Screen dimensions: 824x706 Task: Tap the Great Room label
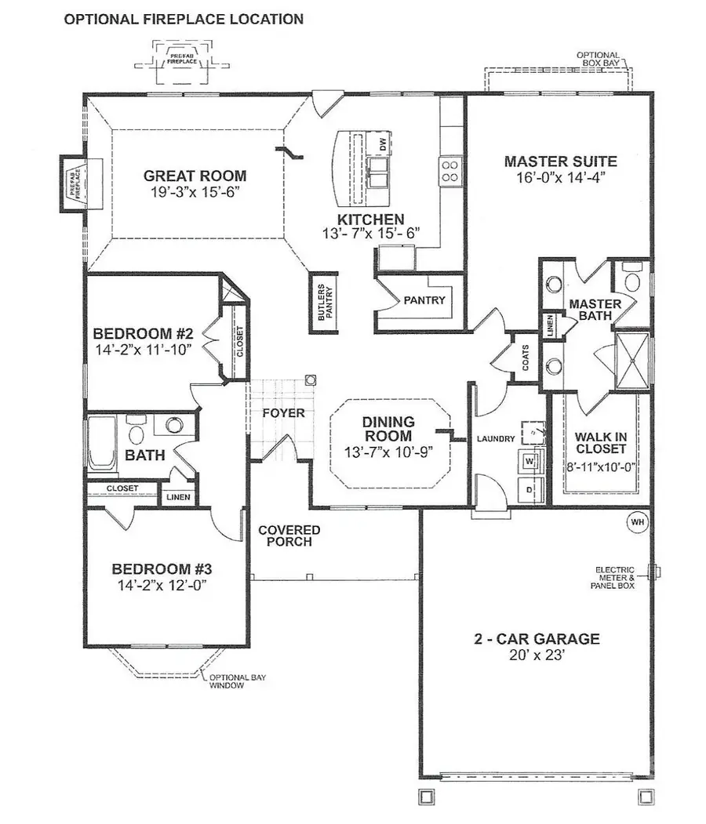(x=195, y=176)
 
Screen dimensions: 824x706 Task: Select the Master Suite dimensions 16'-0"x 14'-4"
(x=560, y=177)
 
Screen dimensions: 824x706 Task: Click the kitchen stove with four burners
(x=449, y=171)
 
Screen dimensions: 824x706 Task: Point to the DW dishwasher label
(x=383, y=144)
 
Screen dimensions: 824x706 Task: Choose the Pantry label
(x=424, y=300)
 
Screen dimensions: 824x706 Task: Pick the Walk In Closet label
(x=600, y=443)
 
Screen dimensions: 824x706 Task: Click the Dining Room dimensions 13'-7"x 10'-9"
(x=388, y=452)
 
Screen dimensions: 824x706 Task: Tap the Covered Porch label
(x=289, y=535)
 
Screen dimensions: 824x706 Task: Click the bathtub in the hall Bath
(x=102, y=443)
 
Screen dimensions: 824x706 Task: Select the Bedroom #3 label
(x=162, y=568)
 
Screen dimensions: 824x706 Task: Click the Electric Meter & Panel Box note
(x=615, y=578)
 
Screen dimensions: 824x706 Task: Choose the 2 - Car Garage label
(x=537, y=639)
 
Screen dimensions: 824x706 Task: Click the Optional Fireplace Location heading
(x=184, y=19)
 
